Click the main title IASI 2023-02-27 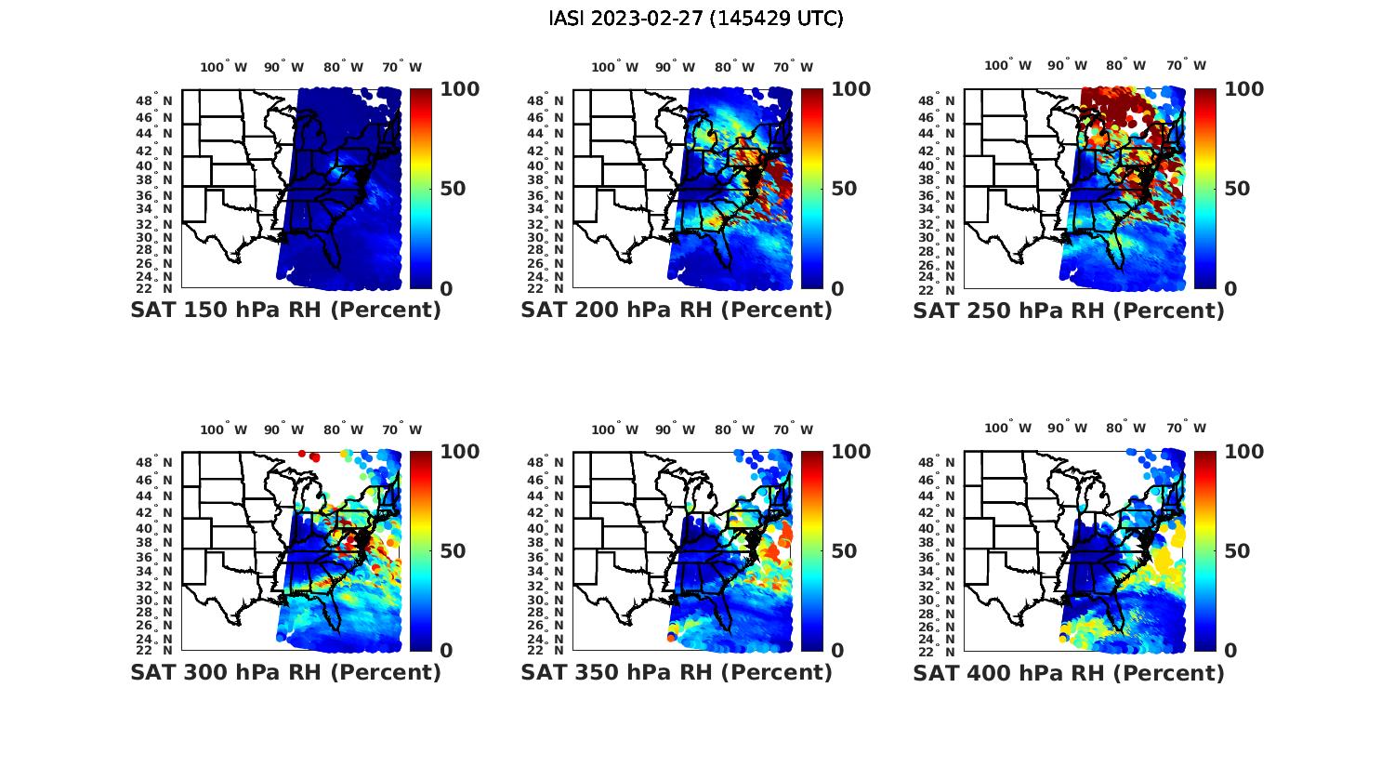696,19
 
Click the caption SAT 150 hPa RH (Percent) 285,311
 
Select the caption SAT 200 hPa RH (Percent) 677,311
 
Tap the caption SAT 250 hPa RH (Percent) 1069,311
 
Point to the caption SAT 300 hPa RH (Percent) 285,672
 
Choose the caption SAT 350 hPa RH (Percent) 677,672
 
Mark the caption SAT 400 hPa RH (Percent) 1069,672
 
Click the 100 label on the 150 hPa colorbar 459,89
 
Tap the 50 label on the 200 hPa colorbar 844,189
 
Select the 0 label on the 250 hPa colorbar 1230,288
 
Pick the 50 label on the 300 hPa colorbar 453,551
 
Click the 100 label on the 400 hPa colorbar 1243,452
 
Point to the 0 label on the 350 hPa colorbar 837,651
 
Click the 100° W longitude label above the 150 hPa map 224,67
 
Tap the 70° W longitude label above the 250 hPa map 1187,65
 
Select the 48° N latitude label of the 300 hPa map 155,462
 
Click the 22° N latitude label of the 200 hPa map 546,288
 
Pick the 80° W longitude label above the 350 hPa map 735,430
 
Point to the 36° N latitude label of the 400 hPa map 938,558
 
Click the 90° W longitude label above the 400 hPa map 1068,428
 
